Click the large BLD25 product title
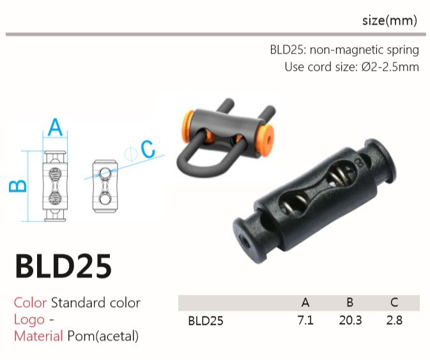[x=63, y=266]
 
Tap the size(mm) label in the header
[x=390, y=20]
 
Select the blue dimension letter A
[x=55, y=127]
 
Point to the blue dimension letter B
[x=18, y=186]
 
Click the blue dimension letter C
[x=148, y=149]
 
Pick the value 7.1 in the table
[x=305, y=320]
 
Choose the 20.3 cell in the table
[x=350, y=320]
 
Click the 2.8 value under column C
[x=394, y=320]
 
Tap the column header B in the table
[x=350, y=303]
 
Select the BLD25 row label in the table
[x=206, y=320]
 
